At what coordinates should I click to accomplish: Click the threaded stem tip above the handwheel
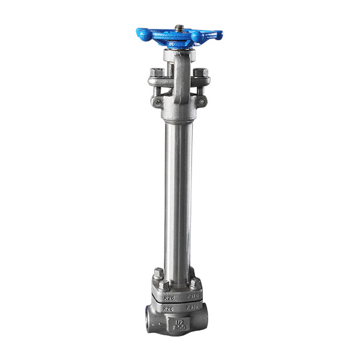179,28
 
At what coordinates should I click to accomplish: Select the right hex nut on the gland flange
200,73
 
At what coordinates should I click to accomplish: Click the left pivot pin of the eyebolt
158,103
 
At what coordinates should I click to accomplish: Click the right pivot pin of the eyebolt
201,102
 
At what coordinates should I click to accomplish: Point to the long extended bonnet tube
179,192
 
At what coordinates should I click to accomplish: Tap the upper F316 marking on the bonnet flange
193,295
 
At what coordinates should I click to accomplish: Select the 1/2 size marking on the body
179,322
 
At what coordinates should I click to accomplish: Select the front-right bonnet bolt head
196,283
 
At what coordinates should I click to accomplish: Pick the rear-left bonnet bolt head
158,273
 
